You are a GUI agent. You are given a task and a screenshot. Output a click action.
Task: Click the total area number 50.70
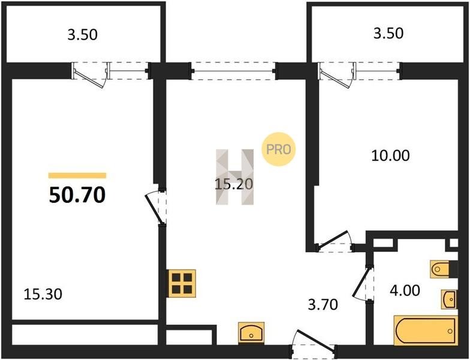point(77,194)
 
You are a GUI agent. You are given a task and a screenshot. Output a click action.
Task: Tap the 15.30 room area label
point(43,294)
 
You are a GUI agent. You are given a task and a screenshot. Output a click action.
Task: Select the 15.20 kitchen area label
point(234,184)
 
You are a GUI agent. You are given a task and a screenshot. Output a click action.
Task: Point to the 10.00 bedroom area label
point(390,156)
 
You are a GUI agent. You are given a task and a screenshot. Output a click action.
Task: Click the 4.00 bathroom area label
point(405,290)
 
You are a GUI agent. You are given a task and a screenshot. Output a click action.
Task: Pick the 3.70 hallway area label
point(323,305)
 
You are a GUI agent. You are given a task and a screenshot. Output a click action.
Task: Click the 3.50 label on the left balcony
point(83,35)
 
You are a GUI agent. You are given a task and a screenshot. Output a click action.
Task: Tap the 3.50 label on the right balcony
point(388,33)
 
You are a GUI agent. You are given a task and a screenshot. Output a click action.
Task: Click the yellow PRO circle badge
point(278,149)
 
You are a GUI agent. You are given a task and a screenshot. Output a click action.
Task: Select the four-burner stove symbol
point(182,283)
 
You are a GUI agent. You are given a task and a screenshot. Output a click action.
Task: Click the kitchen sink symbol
point(251,332)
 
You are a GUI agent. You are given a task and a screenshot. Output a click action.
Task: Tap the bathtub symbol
point(426,330)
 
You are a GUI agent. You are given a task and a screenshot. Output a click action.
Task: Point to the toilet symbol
point(440,269)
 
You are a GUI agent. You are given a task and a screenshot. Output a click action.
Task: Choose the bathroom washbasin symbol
point(449,299)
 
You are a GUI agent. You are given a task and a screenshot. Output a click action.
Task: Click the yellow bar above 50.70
point(77,175)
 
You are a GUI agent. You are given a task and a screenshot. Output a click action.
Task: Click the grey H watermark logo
point(235,177)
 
